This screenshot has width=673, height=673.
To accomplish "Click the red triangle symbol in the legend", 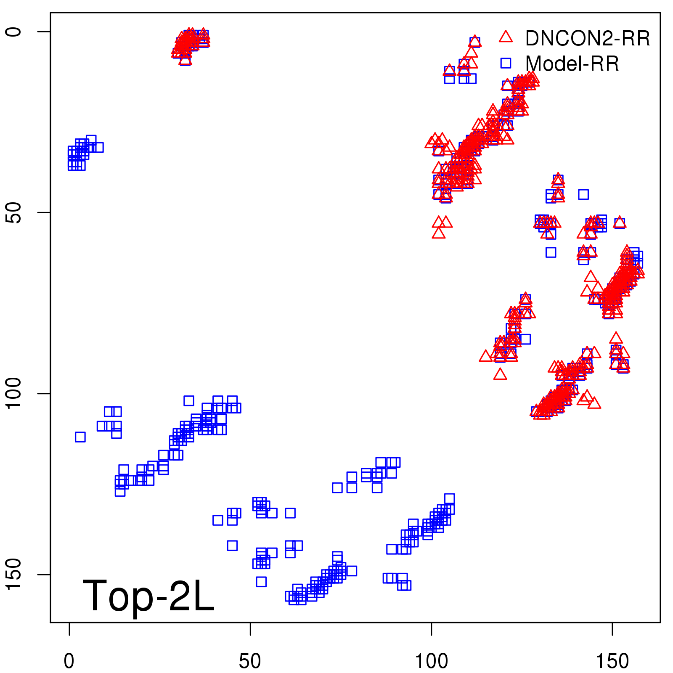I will click(x=506, y=37).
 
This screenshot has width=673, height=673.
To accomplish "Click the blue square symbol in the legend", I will click(x=506, y=63).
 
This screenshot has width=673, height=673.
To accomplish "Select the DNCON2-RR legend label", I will click(x=588, y=39).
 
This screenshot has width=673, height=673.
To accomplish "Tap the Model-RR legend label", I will click(x=572, y=64).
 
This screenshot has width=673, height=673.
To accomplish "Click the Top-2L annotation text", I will click(x=148, y=596).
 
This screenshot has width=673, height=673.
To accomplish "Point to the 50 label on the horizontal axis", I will click(x=250, y=661).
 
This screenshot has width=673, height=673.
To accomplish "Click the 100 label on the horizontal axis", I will click(x=432, y=661).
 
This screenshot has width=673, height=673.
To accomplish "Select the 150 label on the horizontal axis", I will click(x=612, y=661).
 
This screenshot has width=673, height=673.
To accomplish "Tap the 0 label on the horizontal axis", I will click(x=69, y=661).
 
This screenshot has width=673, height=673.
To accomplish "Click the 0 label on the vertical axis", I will click(x=13, y=32).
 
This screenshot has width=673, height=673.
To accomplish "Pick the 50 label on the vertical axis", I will click(x=13, y=212).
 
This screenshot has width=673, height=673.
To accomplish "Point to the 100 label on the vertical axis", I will click(x=13, y=393).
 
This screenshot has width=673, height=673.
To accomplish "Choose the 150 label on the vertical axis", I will click(x=13, y=574).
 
